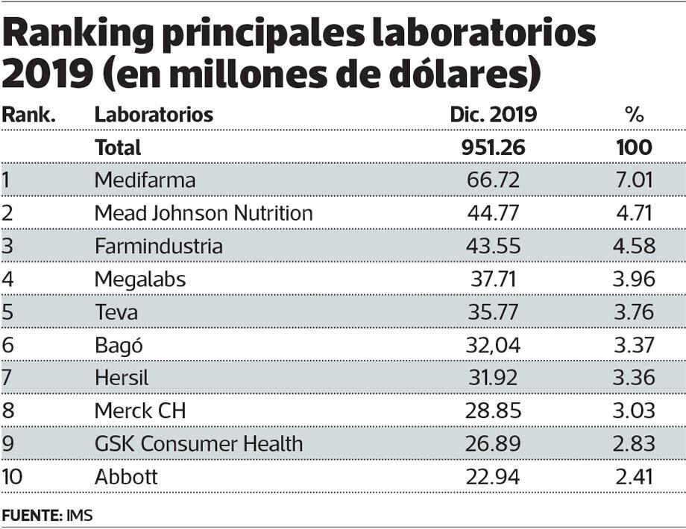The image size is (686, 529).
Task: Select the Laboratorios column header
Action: (x=154, y=115)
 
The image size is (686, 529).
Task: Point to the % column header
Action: (x=634, y=115)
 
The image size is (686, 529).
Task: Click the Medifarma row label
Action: (x=145, y=180)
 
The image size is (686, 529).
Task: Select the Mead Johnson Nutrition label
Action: (x=204, y=213)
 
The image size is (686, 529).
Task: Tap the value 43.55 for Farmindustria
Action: (x=492, y=246)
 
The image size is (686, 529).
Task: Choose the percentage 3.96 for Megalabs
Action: (x=634, y=279)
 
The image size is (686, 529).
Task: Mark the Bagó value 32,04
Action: (x=492, y=344)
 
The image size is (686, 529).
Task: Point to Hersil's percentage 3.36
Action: (x=634, y=377)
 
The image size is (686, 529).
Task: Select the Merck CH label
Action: (x=140, y=410)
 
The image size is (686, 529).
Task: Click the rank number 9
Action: (x=8, y=443)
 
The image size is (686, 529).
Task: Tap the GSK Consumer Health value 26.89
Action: (x=492, y=443)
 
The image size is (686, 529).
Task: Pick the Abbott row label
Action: (x=126, y=476)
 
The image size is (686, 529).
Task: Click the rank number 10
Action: (x=12, y=476)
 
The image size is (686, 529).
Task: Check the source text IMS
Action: (x=79, y=515)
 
